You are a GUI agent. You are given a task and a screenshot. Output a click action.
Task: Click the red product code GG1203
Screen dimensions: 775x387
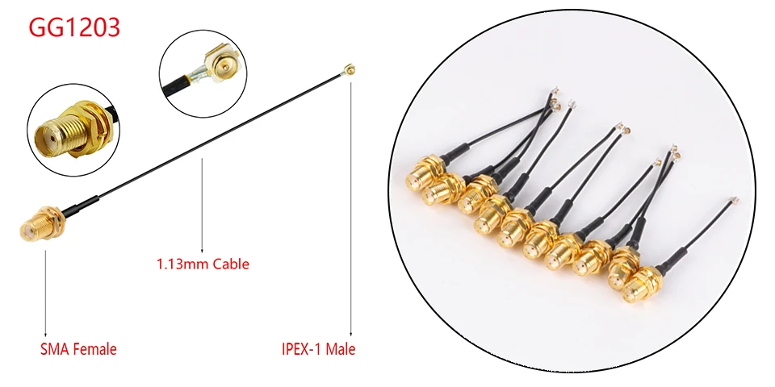coord(74,27)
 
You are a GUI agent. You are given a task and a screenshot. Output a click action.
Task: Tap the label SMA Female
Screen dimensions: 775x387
coord(78,349)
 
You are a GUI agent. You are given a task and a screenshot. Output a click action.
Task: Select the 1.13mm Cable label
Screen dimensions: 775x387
coord(202,264)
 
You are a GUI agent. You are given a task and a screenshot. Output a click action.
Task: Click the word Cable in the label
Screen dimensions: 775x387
coord(231,264)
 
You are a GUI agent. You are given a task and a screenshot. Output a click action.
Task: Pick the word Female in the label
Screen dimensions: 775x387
coord(95,349)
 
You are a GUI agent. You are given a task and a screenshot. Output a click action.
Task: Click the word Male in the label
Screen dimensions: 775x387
coord(340,349)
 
